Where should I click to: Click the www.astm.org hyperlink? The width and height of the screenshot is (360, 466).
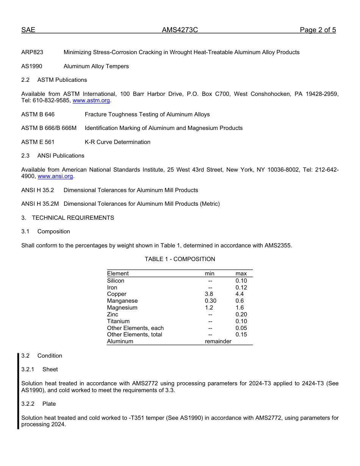[91, 101]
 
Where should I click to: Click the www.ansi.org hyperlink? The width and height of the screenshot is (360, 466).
[55, 177]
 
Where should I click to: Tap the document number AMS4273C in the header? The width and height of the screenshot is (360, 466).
[180, 30]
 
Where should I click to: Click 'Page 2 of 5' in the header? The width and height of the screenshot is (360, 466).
[318, 30]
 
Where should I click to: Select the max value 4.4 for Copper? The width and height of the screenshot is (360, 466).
[239, 294]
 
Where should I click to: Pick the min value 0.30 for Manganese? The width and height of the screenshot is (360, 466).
[211, 301]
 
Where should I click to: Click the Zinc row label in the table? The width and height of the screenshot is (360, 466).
[113, 314]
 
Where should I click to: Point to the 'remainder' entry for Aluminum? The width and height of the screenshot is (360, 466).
[218, 341]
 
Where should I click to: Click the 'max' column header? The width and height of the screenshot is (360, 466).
[241, 274]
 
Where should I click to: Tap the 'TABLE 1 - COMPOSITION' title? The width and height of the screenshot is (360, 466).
[180, 259]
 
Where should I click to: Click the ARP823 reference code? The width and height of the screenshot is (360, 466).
[32, 52]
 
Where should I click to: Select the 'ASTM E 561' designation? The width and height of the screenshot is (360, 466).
[38, 142]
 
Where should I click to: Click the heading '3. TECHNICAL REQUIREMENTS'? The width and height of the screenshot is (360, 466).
[67, 218]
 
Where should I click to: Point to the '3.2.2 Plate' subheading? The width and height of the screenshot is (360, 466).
[38, 404]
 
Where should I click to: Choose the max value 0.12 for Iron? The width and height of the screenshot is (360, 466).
[241, 288]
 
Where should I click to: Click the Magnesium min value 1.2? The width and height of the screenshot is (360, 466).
[209, 308]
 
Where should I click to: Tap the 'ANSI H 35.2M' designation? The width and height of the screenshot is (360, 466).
[40, 204]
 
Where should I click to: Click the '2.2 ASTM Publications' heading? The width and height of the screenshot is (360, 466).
[54, 80]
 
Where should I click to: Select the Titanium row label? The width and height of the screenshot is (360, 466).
[118, 321]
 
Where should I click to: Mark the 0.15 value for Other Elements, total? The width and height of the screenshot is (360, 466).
[241, 335]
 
